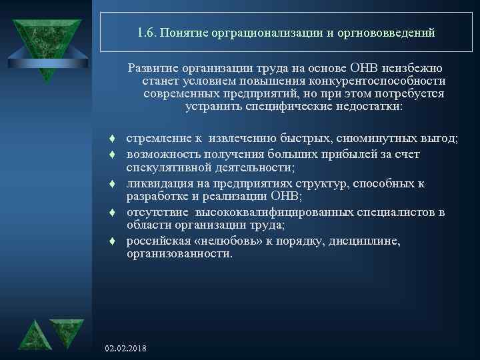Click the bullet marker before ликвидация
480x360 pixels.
[x=114, y=183]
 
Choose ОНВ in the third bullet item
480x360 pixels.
[x=285, y=197]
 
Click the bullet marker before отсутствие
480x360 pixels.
[x=114, y=213]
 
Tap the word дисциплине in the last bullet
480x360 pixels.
[x=366, y=241]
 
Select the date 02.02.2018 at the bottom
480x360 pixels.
[x=127, y=349]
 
